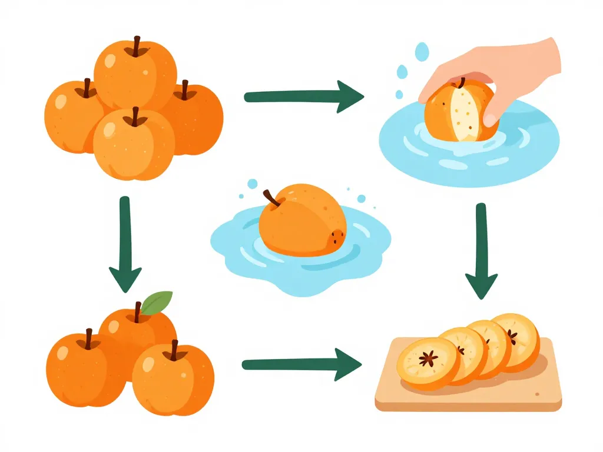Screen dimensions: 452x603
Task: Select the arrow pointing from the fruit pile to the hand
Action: (x=303, y=95)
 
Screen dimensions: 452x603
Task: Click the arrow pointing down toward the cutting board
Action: (x=481, y=253)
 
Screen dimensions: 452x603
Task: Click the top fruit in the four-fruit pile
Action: (x=135, y=68)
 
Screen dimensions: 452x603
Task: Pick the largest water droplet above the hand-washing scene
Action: (x=422, y=52)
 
